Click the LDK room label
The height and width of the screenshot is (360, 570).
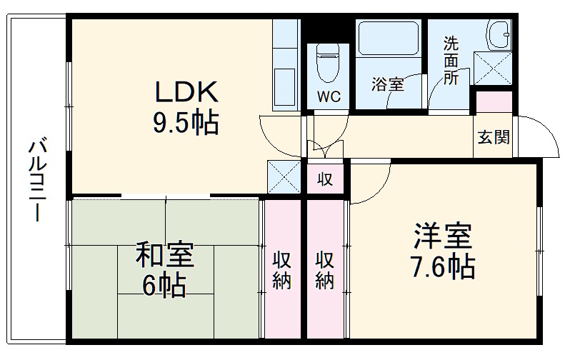click(x=187, y=91)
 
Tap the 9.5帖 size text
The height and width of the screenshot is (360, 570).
click(x=186, y=123)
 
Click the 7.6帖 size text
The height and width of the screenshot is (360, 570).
click(x=443, y=266)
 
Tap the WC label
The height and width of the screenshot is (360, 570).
click(x=329, y=96)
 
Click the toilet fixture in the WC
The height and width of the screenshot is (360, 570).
click(x=328, y=63)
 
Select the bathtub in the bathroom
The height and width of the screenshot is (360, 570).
click(x=389, y=38)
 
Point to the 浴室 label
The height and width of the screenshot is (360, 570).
click(x=388, y=84)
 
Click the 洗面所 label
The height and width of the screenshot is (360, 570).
click(x=451, y=61)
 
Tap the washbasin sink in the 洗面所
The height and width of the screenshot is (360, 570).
click(x=499, y=35)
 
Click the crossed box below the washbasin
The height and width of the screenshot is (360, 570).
click(x=493, y=68)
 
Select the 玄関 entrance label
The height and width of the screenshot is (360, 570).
click(x=494, y=136)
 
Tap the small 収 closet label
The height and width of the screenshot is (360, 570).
click(x=324, y=179)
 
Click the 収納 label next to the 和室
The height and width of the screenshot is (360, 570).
click(x=281, y=269)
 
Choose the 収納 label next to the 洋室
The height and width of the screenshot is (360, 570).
click(x=324, y=269)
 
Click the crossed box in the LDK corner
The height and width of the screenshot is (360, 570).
click(x=284, y=176)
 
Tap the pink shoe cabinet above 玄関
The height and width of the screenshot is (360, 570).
click(x=494, y=102)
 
